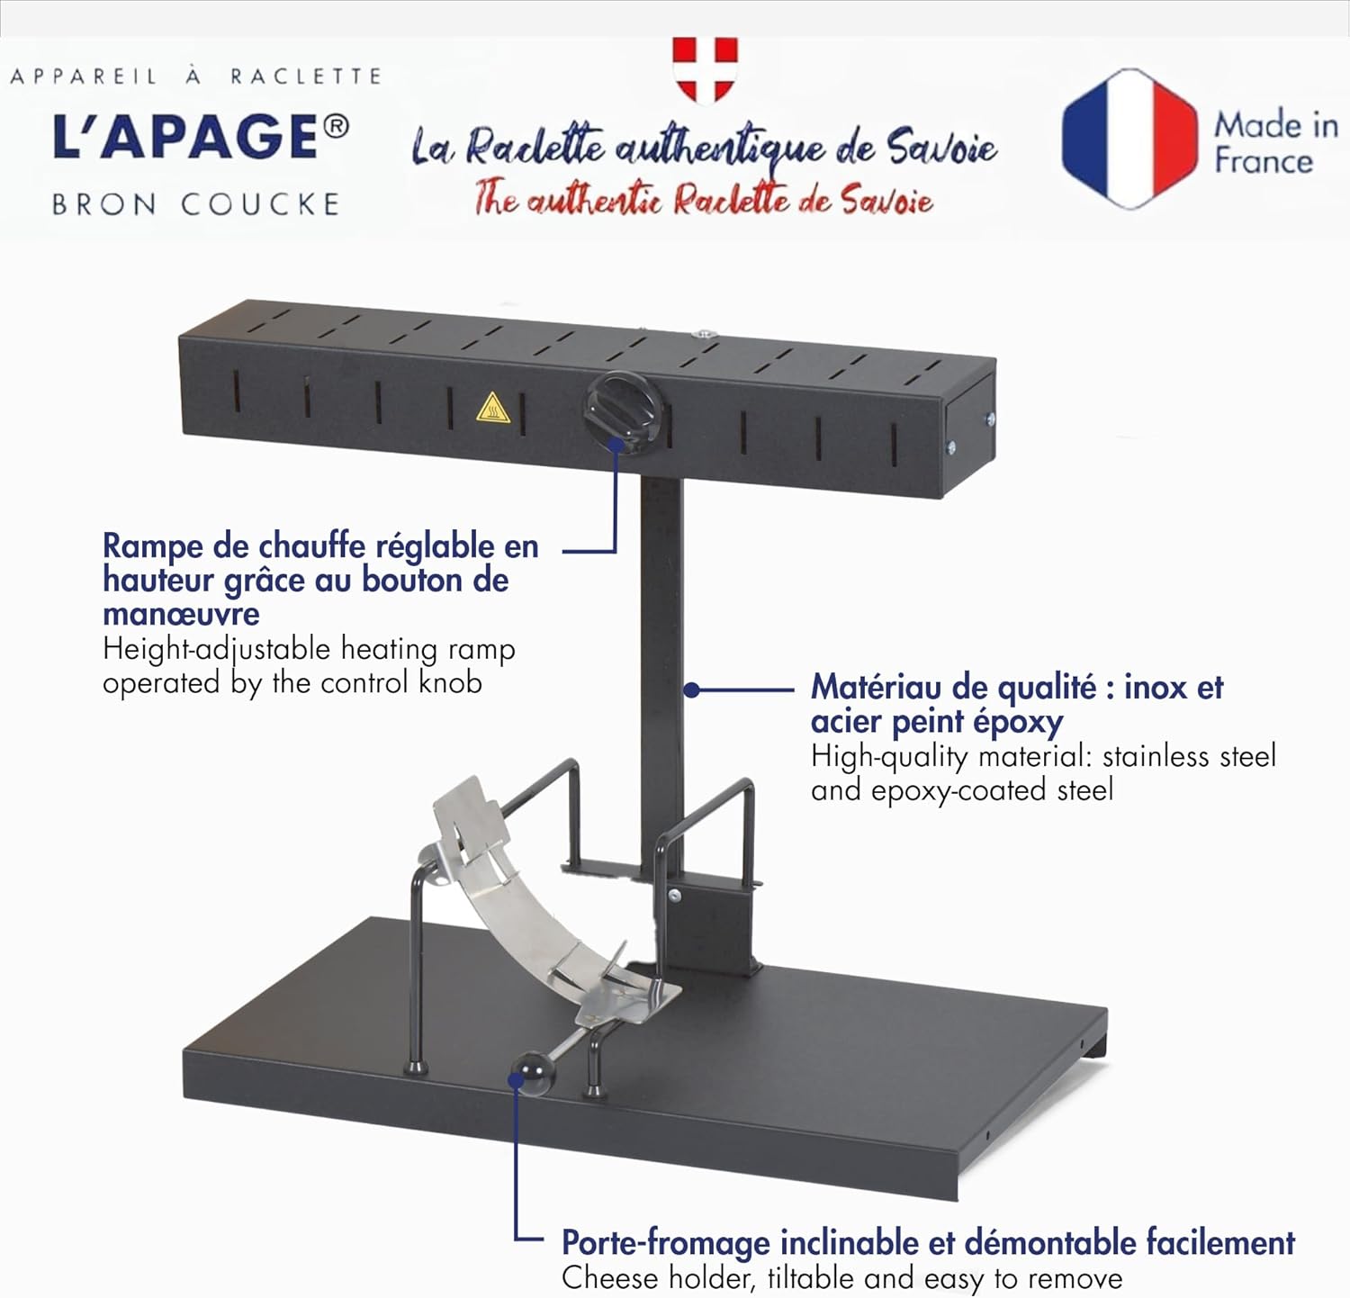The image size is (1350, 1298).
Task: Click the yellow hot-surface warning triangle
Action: (493, 409)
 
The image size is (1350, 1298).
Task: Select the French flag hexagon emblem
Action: (1129, 140)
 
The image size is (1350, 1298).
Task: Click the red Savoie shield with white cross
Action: (705, 68)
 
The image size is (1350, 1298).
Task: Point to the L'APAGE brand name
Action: (184, 138)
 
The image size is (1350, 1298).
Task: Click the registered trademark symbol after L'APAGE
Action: (335, 127)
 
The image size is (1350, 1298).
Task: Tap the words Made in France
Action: (1275, 142)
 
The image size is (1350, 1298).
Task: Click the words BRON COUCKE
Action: (195, 205)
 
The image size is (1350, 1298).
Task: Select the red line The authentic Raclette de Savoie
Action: (703, 199)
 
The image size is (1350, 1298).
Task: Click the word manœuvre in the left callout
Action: (181, 615)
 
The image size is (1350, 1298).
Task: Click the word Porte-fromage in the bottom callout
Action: (665, 1243)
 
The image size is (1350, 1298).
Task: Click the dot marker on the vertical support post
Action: (691, 690)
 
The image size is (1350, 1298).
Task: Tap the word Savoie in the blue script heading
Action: (941, 147)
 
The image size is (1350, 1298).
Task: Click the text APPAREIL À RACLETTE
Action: (195, 77)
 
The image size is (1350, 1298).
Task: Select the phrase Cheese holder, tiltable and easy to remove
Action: (841, 1278)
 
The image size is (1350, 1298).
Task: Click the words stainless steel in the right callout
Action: (1189, 756)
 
